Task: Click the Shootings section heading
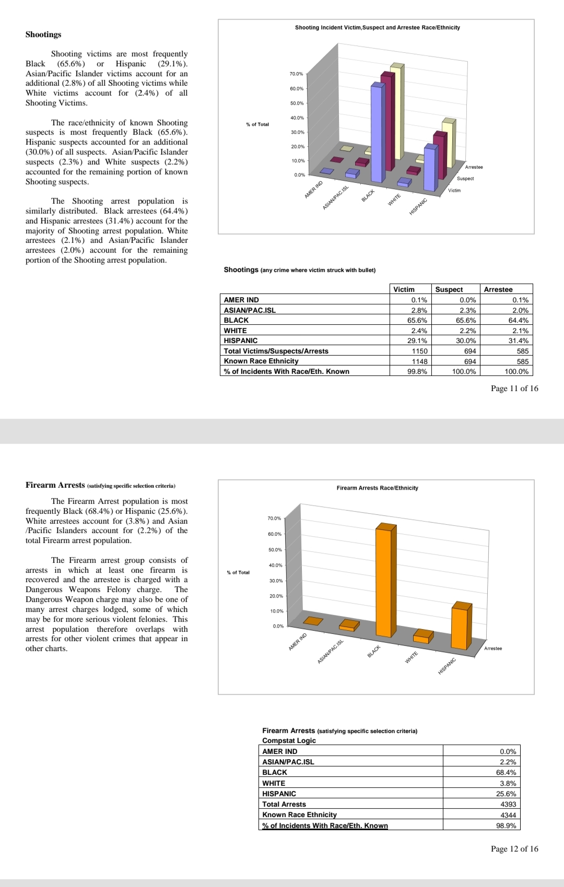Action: [43, 34]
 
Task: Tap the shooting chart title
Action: [377, 27]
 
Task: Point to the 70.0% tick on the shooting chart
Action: [296, 74]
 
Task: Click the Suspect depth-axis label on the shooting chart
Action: [465, 179]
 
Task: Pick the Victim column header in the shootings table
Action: [404, 289]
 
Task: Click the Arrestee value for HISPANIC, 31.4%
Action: [518, 340]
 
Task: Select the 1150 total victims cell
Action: [419, 351]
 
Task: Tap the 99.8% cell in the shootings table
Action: [417, 371]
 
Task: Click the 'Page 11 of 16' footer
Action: [514, 388]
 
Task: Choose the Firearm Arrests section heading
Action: [55, 485]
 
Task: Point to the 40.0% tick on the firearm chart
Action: [275, 565]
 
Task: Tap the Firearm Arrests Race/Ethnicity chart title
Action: [377, 488]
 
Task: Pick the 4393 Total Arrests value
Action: [508, 804]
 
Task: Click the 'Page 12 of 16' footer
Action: [514, 849]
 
